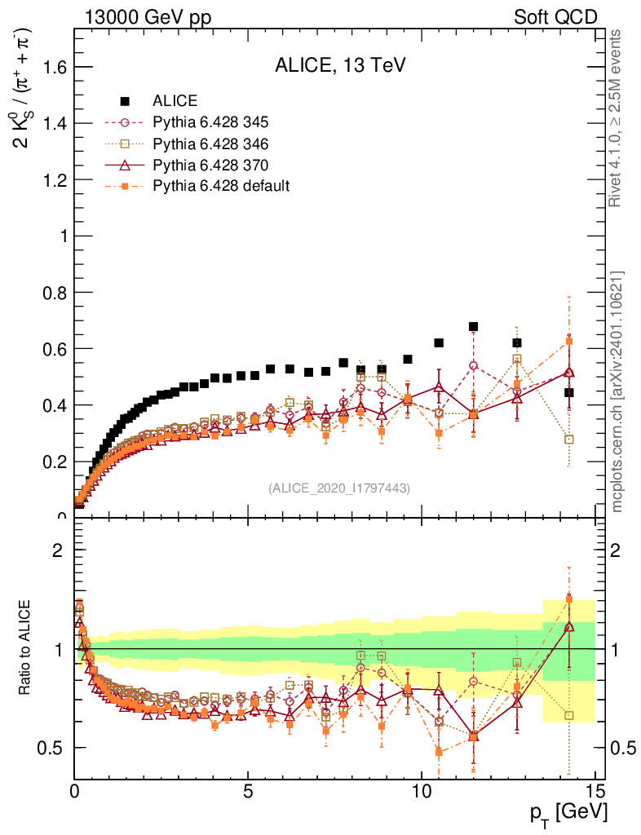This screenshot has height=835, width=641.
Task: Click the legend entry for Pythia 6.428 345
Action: point(210,123)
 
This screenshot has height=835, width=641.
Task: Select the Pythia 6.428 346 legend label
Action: point(210,144)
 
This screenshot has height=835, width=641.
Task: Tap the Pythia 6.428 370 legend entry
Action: point(210,166)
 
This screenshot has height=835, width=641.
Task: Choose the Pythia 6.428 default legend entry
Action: point(221,186)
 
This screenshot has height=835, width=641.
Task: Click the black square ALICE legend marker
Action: point(126,101)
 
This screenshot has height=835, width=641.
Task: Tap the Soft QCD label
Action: point(555,16)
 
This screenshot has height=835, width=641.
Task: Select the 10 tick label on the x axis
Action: point(422,790)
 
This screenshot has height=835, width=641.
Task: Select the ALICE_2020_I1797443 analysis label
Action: point(339,488)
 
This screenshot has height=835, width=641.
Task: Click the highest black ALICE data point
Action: point(473,327)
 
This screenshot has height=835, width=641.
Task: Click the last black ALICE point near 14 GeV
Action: point(568,392)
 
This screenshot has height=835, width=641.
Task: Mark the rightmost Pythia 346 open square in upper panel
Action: point(568,440)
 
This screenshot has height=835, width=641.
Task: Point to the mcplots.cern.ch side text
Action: point(617,391)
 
